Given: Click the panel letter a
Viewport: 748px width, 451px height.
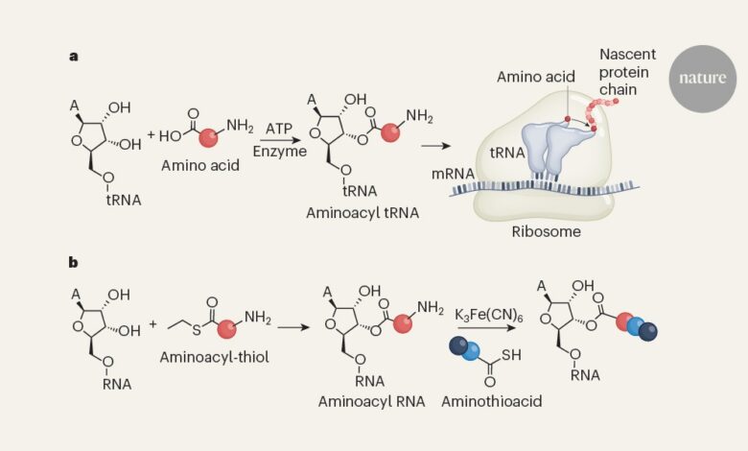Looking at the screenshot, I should coord(73,55).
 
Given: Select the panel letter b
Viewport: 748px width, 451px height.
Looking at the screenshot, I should coord(73,261).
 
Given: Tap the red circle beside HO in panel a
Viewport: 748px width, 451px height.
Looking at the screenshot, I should coord(204,131).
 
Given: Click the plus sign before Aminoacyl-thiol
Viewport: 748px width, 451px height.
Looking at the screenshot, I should coord(152,324).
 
